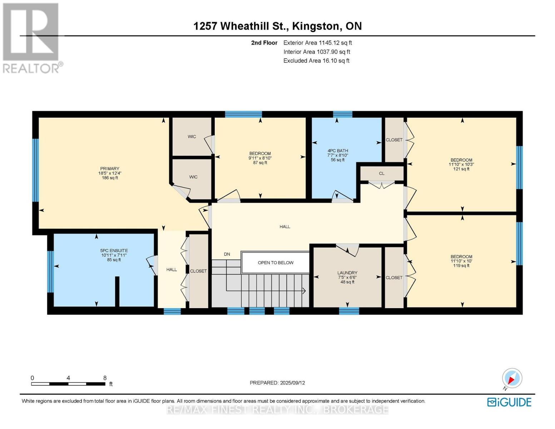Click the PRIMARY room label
110,169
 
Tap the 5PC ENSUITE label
114,251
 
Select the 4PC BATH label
337,151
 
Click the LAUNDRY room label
347,273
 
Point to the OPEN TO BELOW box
276,263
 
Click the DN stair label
227,254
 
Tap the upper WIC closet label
192,137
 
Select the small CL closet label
382,173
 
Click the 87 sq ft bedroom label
260,163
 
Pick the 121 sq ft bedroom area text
461,169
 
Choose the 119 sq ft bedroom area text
461,266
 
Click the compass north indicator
512,378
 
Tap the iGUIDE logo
509,402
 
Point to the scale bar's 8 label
105,378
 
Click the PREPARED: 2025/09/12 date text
277,383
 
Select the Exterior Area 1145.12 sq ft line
317,43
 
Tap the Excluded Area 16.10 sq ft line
316,61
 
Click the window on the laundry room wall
349,311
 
